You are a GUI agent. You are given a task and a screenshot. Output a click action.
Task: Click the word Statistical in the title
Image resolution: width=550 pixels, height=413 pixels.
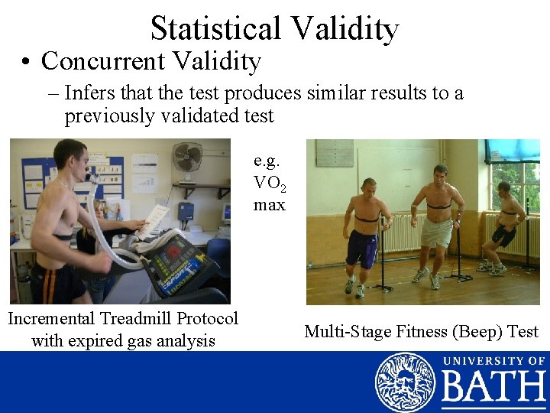pyautogui.click(x=216, y=28)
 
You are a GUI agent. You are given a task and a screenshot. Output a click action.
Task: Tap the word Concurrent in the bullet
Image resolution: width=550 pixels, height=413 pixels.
pyautogui.click(x=104, y=60)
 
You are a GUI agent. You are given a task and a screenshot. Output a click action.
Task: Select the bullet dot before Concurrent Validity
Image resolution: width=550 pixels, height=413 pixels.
pyautogui.click(x=27, y=61)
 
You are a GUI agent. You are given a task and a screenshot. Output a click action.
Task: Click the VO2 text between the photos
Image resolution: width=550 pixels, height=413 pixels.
pyautogui.click(x=268, y=184)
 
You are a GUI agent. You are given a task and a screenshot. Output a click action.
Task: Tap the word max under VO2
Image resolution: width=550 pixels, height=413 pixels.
pyautogui.click(x=269, y=205)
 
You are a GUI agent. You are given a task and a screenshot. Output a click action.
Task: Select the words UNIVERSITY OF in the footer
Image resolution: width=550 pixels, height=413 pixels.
pyautogui.click(x=493, y=361)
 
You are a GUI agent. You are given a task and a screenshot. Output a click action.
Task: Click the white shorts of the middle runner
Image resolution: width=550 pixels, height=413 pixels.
pyautogui.click(x=436, y=234)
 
